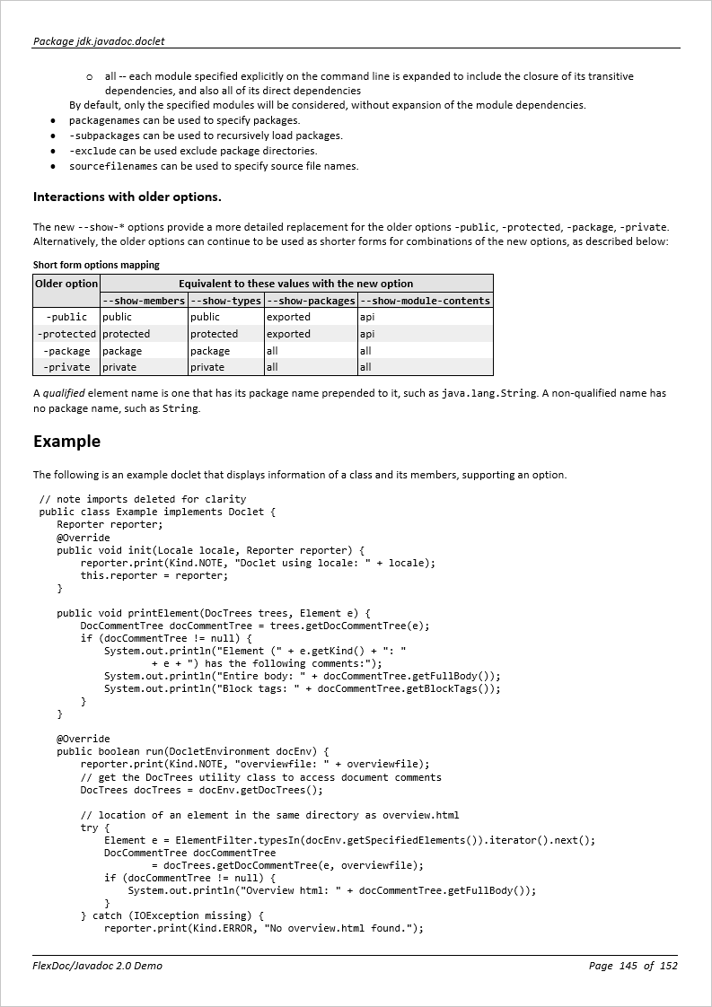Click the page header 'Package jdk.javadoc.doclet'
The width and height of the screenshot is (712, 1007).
tap(99, 41)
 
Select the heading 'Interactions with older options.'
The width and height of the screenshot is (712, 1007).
tap(127, 197)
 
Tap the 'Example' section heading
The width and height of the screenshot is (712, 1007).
tap(66, 442)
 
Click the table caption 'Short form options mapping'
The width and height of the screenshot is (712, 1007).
tap(96, 265)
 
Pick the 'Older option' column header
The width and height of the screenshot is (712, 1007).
tap(66, 284)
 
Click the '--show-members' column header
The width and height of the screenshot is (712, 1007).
tap(144, 301)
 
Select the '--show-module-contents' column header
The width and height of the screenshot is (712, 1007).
tap(425, 301)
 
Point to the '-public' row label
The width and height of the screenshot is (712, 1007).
tap(66, 317)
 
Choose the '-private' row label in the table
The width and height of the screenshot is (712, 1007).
tap(66, 367)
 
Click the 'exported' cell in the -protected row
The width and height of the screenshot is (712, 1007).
tap(288, 334)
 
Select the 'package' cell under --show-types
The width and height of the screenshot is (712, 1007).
tap(210, 351)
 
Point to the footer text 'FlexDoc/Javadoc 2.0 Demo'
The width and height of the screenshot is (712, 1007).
tap(98, 966)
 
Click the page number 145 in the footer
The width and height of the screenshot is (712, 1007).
tap(628, 966)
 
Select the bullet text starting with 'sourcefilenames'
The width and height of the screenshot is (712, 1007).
tap(214, 166)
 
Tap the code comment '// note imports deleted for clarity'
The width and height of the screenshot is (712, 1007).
tap(143, 499)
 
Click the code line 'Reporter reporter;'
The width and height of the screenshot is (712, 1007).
tap(110, 524)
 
